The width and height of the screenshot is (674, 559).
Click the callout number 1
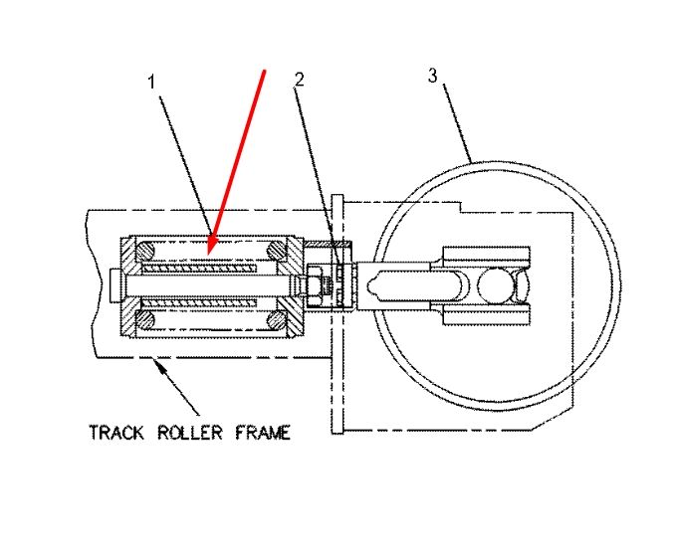tap(151, 82)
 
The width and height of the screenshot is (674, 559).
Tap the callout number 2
tap(300, 80)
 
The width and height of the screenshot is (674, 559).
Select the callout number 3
tap(432, 76)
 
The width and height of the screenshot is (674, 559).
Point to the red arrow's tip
tap(208, 255)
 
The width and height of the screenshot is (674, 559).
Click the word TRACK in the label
tap(116, 433)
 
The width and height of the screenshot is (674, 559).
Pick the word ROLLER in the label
tap(190, 433)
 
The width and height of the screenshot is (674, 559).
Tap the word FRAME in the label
tap(263, 433)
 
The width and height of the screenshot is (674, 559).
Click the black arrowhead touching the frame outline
tap(159, 366)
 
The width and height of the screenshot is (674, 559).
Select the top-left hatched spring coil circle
tap(145, 252)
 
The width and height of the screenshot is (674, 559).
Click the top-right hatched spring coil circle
tap(277, 250)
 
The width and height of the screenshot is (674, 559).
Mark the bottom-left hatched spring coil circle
tap(145, 320)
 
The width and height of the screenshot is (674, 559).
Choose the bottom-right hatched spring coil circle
tap(277, 320)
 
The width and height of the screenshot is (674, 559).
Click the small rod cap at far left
tap(114, 285)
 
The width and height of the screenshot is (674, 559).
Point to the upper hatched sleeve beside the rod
tap(199, 269)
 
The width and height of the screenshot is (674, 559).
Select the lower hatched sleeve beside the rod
tap(199, 303)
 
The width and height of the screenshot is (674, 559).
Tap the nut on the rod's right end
tap(315, 285)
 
